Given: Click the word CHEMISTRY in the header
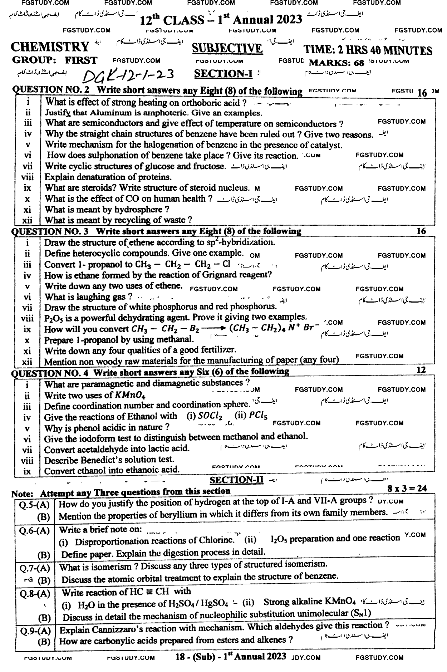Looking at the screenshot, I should (50, 47).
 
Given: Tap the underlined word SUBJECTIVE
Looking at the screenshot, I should (227, 48).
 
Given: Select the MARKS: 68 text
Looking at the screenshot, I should (336, 63).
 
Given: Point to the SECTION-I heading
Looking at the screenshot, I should (223, 74).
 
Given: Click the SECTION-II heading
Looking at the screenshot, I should (236, 480).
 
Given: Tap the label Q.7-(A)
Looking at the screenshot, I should (35, 568).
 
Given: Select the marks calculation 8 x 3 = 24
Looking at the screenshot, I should (407, 488).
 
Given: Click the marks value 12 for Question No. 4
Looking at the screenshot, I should (421, 370).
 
